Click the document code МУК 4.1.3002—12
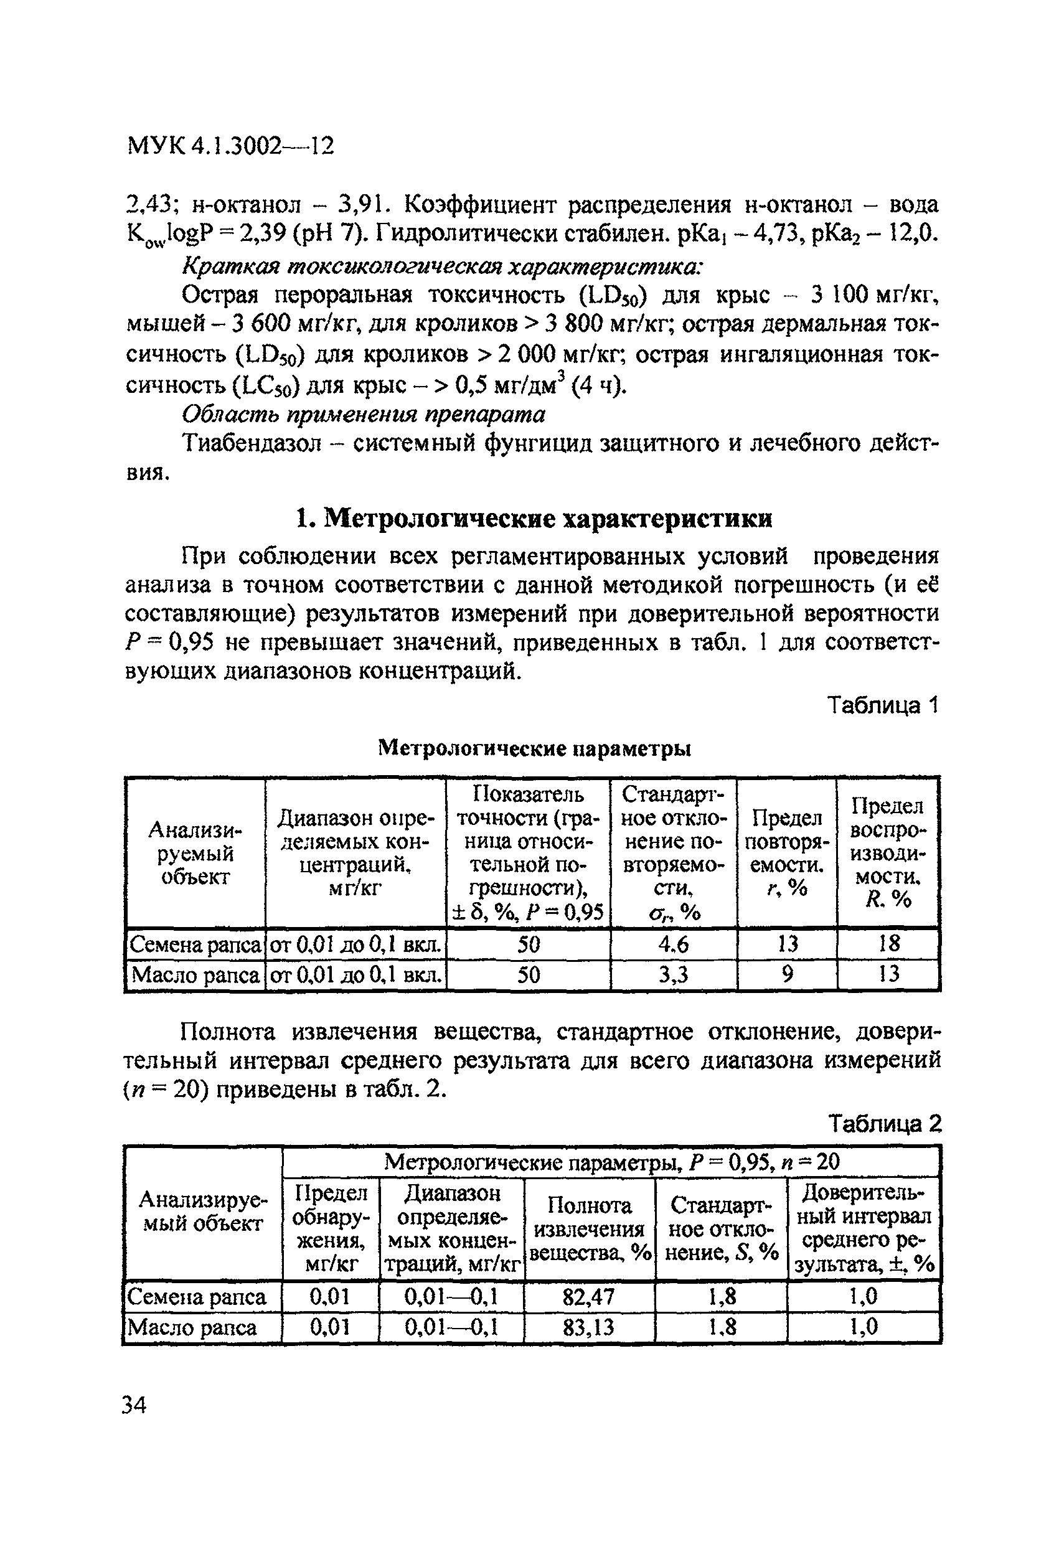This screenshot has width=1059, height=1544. pyautogui.click(x=229, y=146)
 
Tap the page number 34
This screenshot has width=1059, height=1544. pyautogui.click(x=135, y=1405)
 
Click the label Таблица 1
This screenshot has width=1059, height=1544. pyautogui.click(x=882, y=705)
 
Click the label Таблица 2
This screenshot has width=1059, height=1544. pyautogui.click(x=884, y=1124)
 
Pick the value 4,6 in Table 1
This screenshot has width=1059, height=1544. pyautogui.click(x=673, y=944)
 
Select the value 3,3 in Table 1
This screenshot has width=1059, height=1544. pyautogui.click(x=673, y=974)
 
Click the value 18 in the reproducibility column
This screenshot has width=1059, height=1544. pyautogui.click(x=888, y=944)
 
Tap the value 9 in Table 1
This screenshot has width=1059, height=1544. pyautogui.click(x=788, y=974)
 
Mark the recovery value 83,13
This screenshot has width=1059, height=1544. pyautogui.click(x=588, y=1327)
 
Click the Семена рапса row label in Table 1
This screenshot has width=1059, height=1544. pyautogui.click(x=195, y=944)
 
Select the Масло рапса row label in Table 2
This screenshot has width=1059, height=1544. pyautogui.click(x=192, y=1327)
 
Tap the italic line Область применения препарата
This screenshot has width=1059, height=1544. pyautogui.click(x=364, y=414)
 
